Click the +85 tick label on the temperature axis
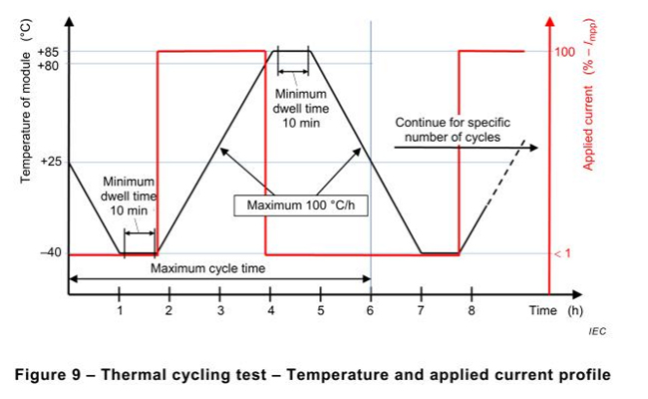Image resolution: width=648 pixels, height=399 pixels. tap(48, 51)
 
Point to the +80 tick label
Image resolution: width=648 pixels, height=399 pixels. tap(48, 64)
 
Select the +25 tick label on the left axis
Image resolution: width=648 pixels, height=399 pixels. tap(48, 162)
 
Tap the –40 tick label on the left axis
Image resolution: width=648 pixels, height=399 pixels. tap(49, 253)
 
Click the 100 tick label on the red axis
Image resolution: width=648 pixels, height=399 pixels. tap(565, 51)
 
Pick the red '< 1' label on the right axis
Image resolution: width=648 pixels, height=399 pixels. tap(563, 254)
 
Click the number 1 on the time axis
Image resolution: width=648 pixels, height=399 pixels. tap(120, 310)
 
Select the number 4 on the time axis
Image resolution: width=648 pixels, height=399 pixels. tap(270, 310)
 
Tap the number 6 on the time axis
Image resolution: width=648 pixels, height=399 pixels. tap(371, 310)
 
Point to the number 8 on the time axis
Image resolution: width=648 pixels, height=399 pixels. tap(472, 310)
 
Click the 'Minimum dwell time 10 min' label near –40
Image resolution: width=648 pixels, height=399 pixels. tap(130, 197)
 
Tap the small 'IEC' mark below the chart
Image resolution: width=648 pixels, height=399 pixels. tap(595, 330)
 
